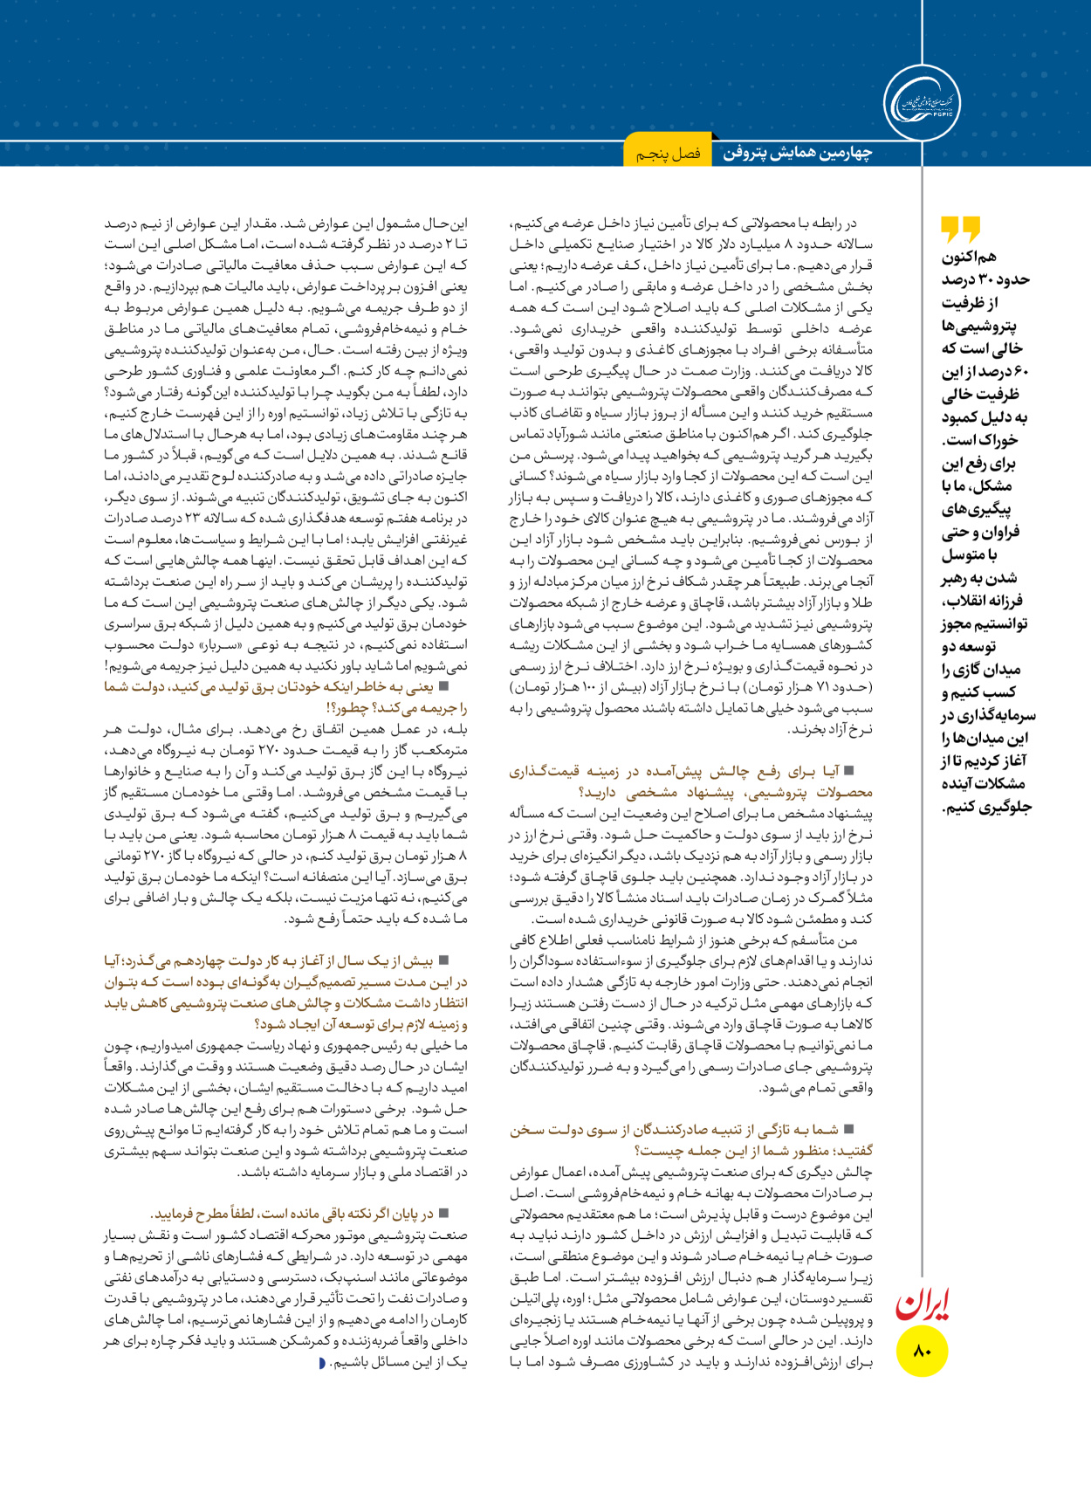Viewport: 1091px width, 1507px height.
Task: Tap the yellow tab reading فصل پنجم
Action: (x=668, y=154)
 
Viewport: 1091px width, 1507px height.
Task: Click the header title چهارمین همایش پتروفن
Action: (x=797, y=153)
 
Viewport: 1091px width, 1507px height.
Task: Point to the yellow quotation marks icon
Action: (x=960, y=230)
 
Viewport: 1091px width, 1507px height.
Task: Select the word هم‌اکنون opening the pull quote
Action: (x=969, y=257)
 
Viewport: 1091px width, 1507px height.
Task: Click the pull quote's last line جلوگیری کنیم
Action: (x=986, y=807)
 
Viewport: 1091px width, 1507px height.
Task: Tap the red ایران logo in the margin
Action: (x=922, y=1304)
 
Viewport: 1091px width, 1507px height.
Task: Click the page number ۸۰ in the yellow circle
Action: (x=923, y=1351)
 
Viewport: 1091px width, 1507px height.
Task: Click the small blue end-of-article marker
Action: (x=322, y=1363)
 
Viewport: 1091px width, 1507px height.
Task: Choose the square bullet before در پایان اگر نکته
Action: (x=443, y=1214)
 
